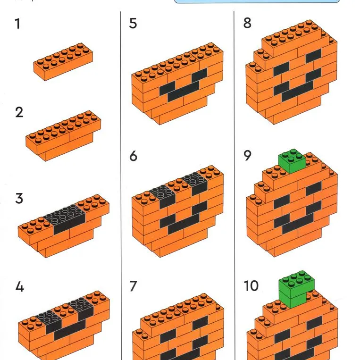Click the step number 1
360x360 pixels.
tap(17, 24)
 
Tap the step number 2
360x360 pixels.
tap(19, 112)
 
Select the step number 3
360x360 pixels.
tap(19, 198)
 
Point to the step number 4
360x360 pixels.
tap(20, 287)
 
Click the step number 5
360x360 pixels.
tap(133, 24)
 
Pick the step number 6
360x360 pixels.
tap(134, 156)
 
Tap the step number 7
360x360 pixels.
tap(134, 286)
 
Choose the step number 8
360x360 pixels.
tap(247, 23)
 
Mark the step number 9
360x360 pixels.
tap(247, 155)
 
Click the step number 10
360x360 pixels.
tap(251, 286)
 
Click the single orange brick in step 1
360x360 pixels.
tap(63, 61)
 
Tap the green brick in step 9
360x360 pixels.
tap(292, 161)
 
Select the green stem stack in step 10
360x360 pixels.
tap(296, 290)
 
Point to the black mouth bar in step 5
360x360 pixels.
tap(183, 92)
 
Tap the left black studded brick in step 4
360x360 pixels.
tap(49, 321)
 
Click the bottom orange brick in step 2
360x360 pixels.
tap(69, 149)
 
